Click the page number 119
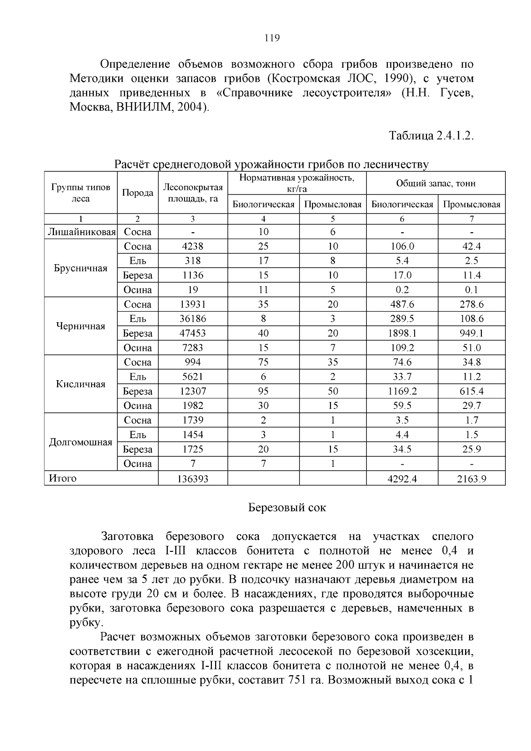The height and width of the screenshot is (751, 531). pyautogui.click(x=272, y=38)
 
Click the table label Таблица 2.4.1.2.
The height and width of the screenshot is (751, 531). pyautogui.click(x=431, y=135)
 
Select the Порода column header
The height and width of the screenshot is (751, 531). pyautogui.click(x=138, y=193)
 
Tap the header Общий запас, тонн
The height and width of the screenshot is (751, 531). pyautogui.click(x=435, y=183)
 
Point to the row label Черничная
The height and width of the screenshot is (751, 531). pyautogui.click(x=81, y=326)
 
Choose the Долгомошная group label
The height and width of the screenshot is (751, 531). pyautogui.click(x=81, y=442)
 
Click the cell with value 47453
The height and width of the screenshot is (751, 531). pyautogui.click(x=192, y=333)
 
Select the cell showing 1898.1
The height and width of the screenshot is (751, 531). pyautogui.click(x=402, y=333)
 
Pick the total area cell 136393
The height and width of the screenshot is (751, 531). pyautogui.click(x=192, y=479)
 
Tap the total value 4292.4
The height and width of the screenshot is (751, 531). pyautogui.click(x=402, y=479)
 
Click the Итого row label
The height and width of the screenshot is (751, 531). pyautogui.click(x=63, y=478)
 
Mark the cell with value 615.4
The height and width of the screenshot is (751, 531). pyautogui.click(x=472, y=391)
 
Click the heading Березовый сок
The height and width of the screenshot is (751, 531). pyautogui.click(x=287, y=508)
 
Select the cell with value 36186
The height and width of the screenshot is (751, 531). pyautogui.click(x=192, y=319)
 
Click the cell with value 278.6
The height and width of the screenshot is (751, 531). pyautogui.click(x=472, y=304)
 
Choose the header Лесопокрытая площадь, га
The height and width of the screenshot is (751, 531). pyautogui.click(x=193, y=193)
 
